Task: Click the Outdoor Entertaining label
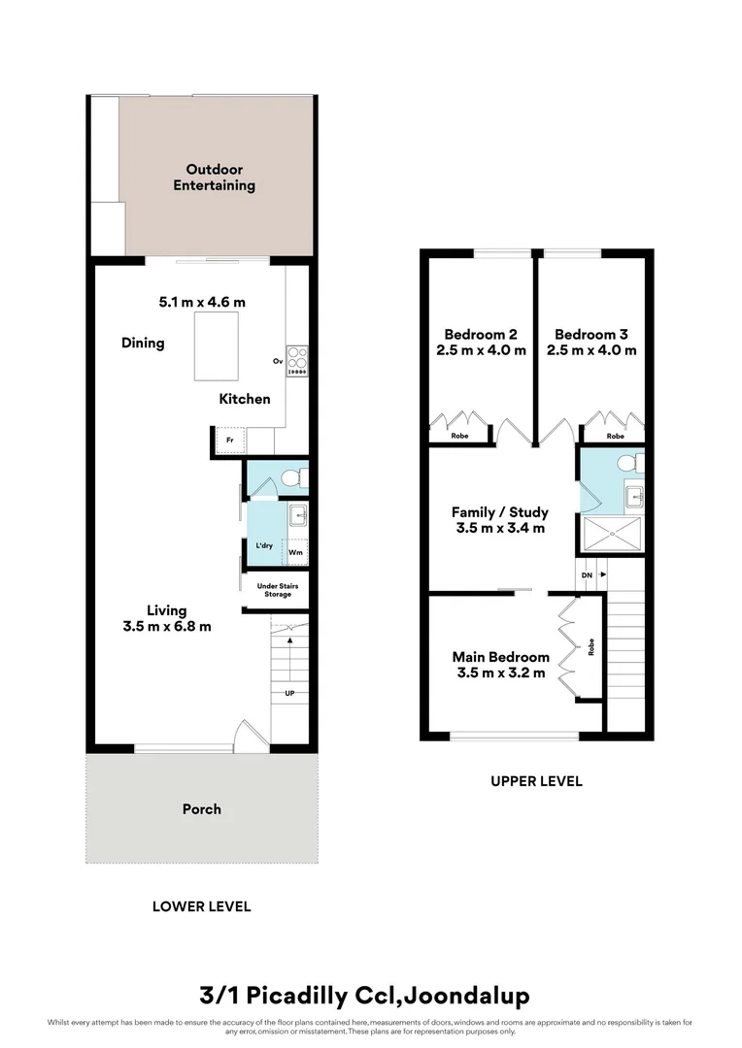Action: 214,178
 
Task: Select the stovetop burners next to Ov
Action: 296,361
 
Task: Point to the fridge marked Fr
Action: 230,441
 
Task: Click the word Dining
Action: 143,343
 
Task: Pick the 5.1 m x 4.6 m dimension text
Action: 202,302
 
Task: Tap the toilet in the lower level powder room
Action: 299,477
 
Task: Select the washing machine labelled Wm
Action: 295,552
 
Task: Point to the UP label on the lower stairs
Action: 289,693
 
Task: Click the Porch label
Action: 202,808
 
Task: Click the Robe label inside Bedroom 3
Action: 615,437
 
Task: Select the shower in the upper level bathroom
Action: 611,533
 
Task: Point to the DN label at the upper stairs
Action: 586,574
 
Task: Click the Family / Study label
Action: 499,512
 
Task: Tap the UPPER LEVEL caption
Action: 537,780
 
